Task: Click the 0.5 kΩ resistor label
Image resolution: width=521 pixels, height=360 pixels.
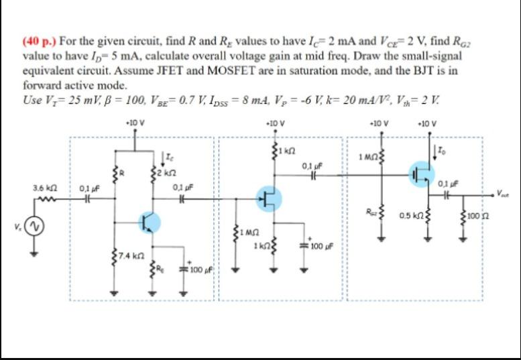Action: [x=411, y=216]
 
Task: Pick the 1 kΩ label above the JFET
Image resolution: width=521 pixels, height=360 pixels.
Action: [x=289, y=148]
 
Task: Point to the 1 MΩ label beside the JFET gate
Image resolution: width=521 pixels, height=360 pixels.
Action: [x=248, y=232]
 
